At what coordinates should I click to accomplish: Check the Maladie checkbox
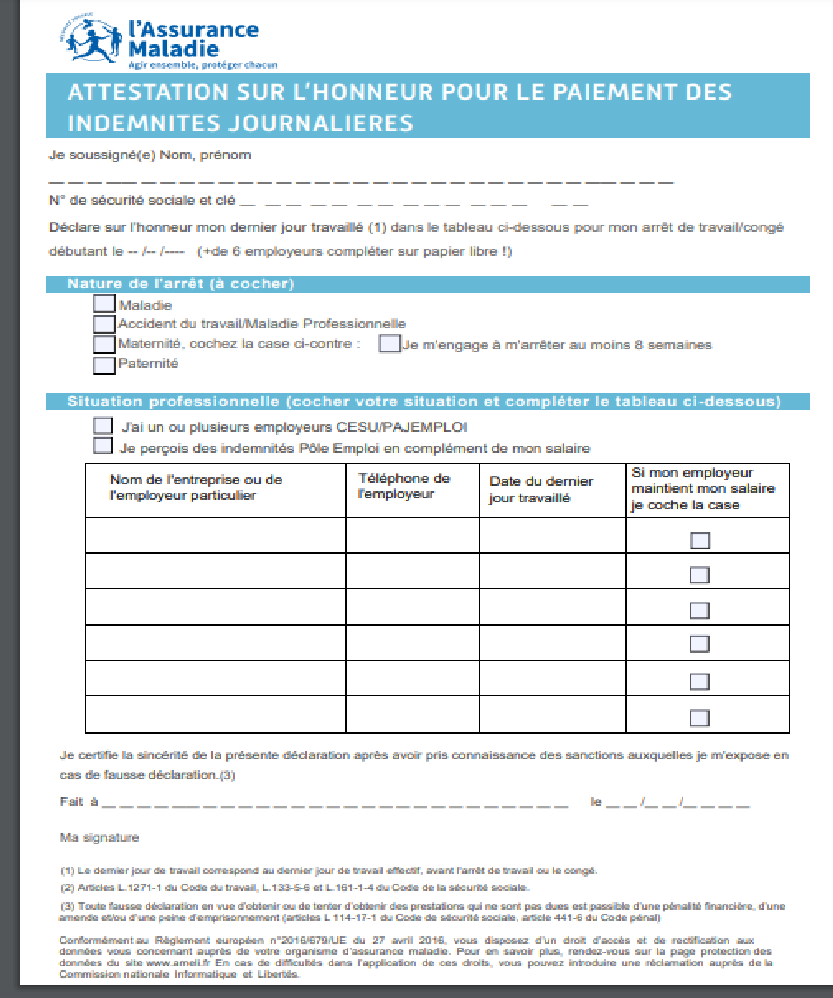(x=104, y=303)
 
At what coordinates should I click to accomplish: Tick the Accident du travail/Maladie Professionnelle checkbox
(x=104, y=324)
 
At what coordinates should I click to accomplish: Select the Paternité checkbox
(x=104, y=365)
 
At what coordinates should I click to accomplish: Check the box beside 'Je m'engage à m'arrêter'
(x=389, y=343)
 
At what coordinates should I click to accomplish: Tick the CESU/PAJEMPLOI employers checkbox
(x=102, y=425)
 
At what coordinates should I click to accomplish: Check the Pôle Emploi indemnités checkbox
(x=102, y=446)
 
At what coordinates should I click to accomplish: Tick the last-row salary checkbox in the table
(x=699, y=718)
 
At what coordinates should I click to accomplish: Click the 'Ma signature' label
(x=99, y=837)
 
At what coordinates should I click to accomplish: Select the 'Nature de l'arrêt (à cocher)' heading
(x=181, y=284)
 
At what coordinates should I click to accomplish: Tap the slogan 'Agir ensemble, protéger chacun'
(x=203, y=65)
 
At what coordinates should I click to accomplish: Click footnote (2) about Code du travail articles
(x=295, y=887)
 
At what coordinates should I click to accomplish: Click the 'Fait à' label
(x=78, y=802)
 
